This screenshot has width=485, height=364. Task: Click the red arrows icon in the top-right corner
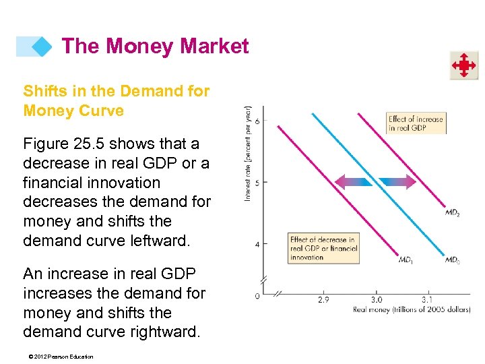click(x=464, y=65)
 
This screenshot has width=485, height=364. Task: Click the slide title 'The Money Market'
click(x=155, y=47)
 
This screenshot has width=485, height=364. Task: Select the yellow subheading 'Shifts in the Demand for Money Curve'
click(x=117, y=100)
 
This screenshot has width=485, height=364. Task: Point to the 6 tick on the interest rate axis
click(x=257, y=121)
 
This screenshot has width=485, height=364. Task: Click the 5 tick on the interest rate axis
click(x=257, y=182)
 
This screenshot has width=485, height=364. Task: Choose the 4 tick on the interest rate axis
click(x=257, y=243)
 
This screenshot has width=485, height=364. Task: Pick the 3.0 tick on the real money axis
click(x=376, y=299)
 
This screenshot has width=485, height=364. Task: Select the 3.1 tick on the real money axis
click(x=428, y=299)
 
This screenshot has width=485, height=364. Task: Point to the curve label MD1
click(x=406, y=260)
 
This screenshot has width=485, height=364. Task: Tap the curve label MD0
click(x=453, y=260)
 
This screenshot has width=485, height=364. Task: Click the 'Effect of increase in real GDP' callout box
click(x=416, y=123)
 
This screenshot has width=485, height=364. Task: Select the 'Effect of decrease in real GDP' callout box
click(x=323, y=248)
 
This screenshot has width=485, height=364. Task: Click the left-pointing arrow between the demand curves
click(x=354, y=181)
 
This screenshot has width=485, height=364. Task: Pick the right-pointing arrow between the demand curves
click(x=397, y=181)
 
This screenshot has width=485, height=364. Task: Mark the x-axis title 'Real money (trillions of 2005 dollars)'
click(x=411, y=309)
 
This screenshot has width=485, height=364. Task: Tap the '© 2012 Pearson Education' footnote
click(x=59, y=357)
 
